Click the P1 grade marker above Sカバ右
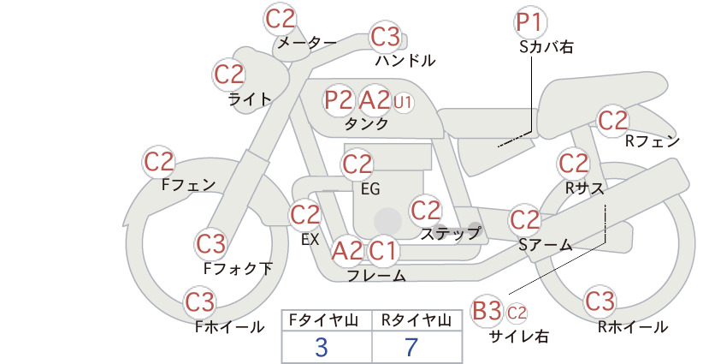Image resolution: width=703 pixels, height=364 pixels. (x=530, y=22)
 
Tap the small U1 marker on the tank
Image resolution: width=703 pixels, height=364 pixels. (x=402, y=103)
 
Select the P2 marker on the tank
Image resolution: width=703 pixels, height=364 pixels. (x=339, y=99)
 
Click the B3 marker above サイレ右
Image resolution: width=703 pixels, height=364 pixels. (x=487, y=310)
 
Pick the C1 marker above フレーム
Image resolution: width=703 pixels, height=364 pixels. (x=382, y=250)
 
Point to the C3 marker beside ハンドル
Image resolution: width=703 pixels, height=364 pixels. (x=385, y=37)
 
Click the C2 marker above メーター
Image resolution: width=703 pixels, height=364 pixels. (x=281, y=19)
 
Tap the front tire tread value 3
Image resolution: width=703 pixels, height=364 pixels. (x=322, y=347)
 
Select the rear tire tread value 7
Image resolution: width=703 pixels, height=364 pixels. (x=411, y=347)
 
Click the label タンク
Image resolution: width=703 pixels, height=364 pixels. (x=366, y=124)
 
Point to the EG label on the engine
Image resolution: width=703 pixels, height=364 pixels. (x=370, y=189)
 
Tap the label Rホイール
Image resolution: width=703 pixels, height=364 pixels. (x=633, y=327)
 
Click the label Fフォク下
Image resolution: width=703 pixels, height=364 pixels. (x=238, y=268)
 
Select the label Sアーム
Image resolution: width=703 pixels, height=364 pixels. (x=546, y=245)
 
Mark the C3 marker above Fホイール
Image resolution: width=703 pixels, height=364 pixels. (x=200, y=302)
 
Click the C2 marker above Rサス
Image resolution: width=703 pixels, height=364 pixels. (x=573, y=163)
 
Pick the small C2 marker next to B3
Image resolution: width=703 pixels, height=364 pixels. (x=517, y=313)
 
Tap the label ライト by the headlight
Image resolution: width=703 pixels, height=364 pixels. (x=250, y=99)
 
